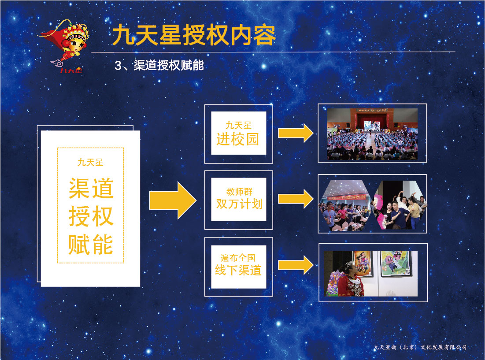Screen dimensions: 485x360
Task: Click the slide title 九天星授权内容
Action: coord(194,35)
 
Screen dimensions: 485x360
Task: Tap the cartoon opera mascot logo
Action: coord(64,43)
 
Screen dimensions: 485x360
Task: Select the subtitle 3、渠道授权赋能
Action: coord(159,65)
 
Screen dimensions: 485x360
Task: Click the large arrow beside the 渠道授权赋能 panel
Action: coord(173,200)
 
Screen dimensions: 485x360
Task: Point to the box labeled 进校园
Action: coord(238,133)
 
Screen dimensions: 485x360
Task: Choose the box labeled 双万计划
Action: coord(238,199)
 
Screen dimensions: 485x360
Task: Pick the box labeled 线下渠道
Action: coord(238,267)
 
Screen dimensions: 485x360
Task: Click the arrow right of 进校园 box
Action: coord(296,133)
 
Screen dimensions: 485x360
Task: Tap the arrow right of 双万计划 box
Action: coord(296,199)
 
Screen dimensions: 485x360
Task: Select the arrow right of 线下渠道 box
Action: coord(296,265)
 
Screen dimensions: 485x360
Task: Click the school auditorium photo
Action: coord(372,134)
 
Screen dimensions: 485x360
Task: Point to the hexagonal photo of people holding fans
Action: coord(400,205)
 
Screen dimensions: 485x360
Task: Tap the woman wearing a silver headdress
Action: coord(350,280)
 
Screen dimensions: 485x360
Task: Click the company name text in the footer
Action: coord(420,347)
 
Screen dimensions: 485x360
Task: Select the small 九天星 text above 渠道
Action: coord(90,162)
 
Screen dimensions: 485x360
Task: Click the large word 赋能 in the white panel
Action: coord(91,245)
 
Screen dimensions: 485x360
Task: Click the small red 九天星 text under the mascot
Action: coord(71,70)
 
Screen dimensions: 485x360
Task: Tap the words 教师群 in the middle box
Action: coord(239,192)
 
